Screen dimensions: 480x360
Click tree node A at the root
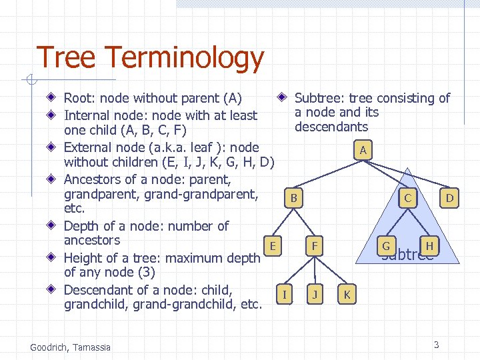[x=362, y=151]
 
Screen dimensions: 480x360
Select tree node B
[x=293, y=198]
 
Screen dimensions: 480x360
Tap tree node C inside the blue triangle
[x=407, y=198]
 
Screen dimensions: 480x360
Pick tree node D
[x=450, y=198]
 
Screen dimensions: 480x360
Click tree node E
[x=273, y=246]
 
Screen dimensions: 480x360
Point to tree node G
[x=385, y=246]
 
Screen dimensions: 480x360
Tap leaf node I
[x=285, y=293]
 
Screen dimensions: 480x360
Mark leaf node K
[x=346, y=293]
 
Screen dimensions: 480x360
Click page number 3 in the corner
[x=436, y=345]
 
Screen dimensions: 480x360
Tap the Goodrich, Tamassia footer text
[x=71, y=347]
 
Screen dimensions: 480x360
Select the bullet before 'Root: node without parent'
[x=52, y=99]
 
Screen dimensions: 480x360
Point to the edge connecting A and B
[x=327, y=175]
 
